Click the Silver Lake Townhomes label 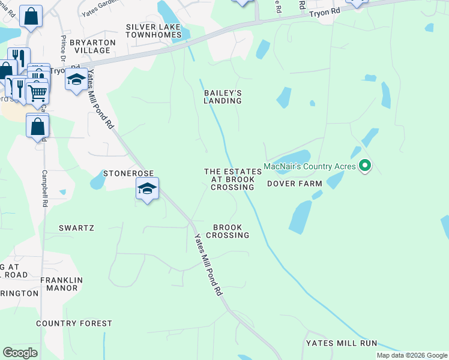154,31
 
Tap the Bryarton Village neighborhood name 91,46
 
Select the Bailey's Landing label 222,97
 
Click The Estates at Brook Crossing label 233,179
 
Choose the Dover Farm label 295,184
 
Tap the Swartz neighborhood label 76,228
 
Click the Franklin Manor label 61,284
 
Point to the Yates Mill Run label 341,343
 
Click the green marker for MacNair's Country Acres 364,166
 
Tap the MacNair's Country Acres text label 310,166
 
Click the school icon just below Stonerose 147,189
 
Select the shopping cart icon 37,92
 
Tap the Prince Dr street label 64,51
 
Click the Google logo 20,353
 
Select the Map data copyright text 412,355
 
